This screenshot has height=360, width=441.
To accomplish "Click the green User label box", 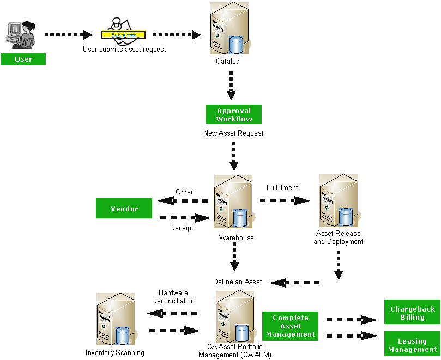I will tap(23, 59).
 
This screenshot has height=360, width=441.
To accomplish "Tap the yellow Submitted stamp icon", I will tap(124, 33).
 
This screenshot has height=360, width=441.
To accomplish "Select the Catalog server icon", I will tap(229, 28).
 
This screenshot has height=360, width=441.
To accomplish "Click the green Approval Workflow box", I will tap(233, 114).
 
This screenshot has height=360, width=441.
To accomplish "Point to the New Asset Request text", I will tap(233, 133).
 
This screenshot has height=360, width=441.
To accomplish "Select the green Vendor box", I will tap(124, 209).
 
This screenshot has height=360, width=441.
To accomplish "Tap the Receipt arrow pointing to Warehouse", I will tap(185, 218).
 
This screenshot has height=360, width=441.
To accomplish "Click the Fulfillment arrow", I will tap(285, 200).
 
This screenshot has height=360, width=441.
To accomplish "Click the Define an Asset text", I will tap(237, 282).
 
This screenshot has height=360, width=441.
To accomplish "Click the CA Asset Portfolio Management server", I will tap(235, 317).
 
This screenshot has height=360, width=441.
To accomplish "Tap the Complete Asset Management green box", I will tap(291, 326).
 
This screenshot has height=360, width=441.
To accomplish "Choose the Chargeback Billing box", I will tap(412, 313).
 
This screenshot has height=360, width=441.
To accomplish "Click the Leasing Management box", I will tap(412, 345).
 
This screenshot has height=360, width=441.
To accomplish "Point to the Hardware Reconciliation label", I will tap(173, 297).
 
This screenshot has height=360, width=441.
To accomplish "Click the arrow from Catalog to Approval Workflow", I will tap(231, 85).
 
